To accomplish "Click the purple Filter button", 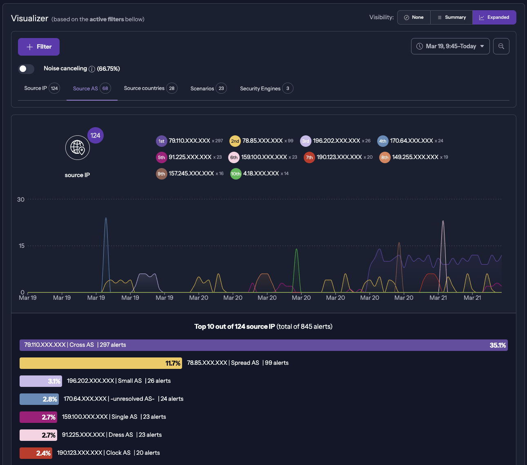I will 39,47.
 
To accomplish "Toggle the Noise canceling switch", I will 26,69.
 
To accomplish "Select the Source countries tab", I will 150,88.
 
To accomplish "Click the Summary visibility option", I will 451,18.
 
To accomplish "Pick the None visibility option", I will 414,18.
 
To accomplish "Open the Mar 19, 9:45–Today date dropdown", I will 450,46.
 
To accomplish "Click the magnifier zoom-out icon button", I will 501,46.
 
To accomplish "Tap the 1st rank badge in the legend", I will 162,141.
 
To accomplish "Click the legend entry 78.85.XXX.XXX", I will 262,141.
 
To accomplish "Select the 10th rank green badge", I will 236,174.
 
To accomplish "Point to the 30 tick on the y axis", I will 21,200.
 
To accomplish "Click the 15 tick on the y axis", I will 22,246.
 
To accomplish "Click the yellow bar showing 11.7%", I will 101,363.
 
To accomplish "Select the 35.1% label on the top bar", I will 498,346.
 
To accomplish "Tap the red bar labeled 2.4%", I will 36,453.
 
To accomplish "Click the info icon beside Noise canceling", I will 92,69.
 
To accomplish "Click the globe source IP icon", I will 78,148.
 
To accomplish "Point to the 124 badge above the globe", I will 96,135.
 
